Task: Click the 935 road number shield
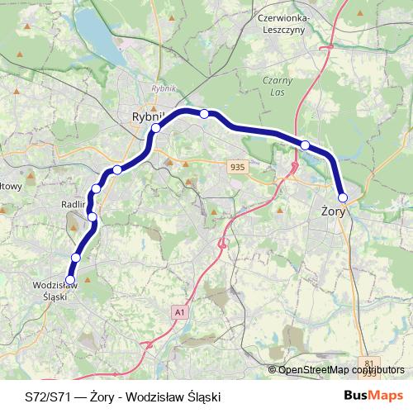click(239, 167)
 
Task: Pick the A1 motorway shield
click(180, 311)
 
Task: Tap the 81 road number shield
click(368, 363)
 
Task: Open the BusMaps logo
click(374, 396)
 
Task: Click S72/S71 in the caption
click(46, 396)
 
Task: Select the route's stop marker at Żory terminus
click(343, 197)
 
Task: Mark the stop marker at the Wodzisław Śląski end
click(70, 278)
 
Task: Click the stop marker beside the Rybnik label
click(155, 128)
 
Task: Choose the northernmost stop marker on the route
click(204, 113)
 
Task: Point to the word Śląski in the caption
click(202, 396)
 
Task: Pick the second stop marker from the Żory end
click(305, 145)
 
